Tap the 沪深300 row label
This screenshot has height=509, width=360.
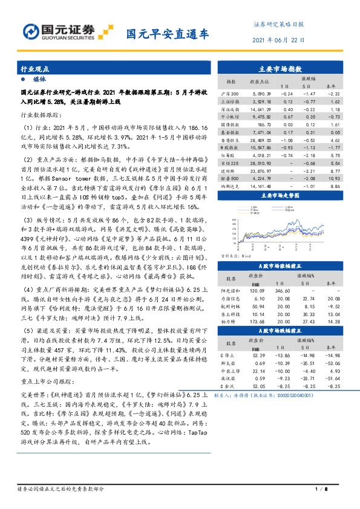230,94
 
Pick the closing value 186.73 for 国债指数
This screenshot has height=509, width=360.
260,123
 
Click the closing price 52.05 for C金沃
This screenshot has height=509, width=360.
258,385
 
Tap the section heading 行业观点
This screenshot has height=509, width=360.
34,68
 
